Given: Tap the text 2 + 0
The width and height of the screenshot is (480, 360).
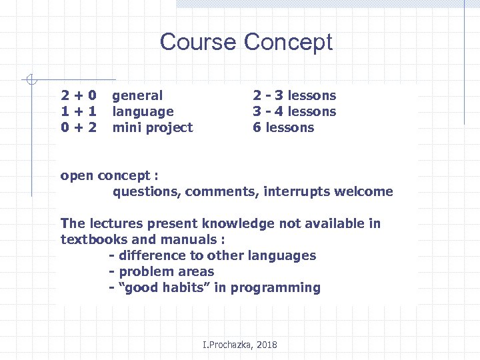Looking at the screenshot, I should click(x=79, y=95).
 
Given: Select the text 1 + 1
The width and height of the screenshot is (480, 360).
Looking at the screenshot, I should click(x=79, y=111).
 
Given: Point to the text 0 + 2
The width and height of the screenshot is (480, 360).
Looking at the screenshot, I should click(x=79, y=127).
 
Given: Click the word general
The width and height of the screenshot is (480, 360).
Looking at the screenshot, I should click(x=137, y=96).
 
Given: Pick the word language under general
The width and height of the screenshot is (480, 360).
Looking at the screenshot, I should click(x=143, y=112).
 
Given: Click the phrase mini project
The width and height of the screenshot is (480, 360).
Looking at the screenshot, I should click(x=152, y=127).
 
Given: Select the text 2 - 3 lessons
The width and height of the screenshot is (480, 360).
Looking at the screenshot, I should click(x=294, y=95).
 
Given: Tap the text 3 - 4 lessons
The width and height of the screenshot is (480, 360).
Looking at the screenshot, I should click(x=294, y=111).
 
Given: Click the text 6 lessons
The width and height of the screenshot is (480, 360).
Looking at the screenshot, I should click(x=283, y=127).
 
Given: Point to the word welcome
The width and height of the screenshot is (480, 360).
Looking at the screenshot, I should click(x=366, y=192).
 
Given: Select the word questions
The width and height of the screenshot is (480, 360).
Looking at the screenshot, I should click(x=146, y=192).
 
